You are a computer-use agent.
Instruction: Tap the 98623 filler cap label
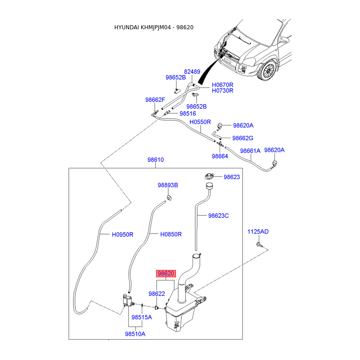point(232,177)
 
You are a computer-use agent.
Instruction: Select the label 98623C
point(218,216)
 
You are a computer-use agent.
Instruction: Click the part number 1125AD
point(258,232)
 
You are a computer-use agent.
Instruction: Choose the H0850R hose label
point(171,234)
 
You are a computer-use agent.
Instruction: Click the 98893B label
point(168,185)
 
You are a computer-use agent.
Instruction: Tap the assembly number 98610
point(155,160)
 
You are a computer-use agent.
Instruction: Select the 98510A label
point(135,334)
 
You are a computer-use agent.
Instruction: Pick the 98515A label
point(142,317)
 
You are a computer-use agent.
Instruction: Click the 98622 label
point(157,293)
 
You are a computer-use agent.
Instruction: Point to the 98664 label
point(220,156)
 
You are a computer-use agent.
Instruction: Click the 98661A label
point(250,151)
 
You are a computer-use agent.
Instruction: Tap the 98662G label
point(243,138)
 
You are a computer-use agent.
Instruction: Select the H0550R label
point(200,122)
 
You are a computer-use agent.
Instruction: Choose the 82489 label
point(192,72)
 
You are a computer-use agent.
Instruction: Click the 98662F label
point(155,100)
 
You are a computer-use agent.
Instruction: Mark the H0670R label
point(222,85)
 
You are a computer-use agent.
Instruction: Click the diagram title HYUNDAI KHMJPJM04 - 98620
point(154,27)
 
